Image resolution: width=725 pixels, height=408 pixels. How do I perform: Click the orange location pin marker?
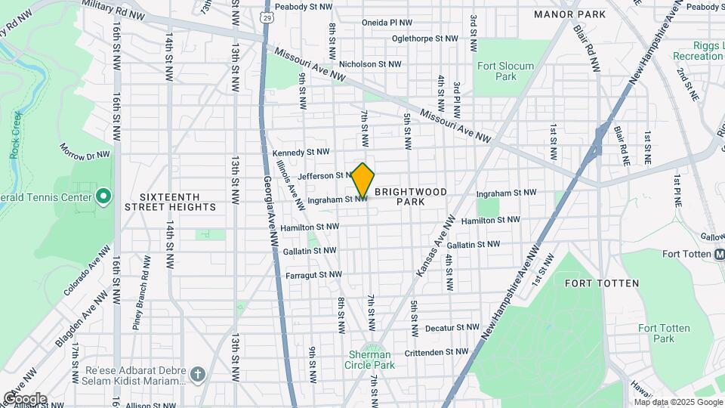click(x=362, y=181)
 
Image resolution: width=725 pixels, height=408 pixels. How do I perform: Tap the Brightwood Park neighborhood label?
click(x=410, y=196)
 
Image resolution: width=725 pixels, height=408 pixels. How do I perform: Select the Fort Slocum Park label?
click(x=505, y=71)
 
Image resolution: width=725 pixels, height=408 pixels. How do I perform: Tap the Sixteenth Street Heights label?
click(x=169, y=200)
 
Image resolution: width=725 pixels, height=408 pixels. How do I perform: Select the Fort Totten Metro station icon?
click(x=719, y=255)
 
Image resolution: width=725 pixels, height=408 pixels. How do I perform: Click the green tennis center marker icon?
click(x=104, y=198)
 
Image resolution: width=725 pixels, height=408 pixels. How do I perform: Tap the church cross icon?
click(x=198, y=374)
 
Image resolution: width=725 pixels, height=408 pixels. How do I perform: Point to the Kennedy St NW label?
click(x=301, y=153)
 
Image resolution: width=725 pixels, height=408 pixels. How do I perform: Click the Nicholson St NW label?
click(x=370, y=64)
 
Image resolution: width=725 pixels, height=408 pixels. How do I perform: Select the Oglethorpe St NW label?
click(x=424, y=39)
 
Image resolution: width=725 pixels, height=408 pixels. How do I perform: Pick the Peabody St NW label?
click(x=304, y=6)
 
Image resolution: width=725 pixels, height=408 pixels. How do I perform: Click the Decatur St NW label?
click(x=452, y=328)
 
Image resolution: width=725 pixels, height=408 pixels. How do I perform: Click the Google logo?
click(x=24, y=399)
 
